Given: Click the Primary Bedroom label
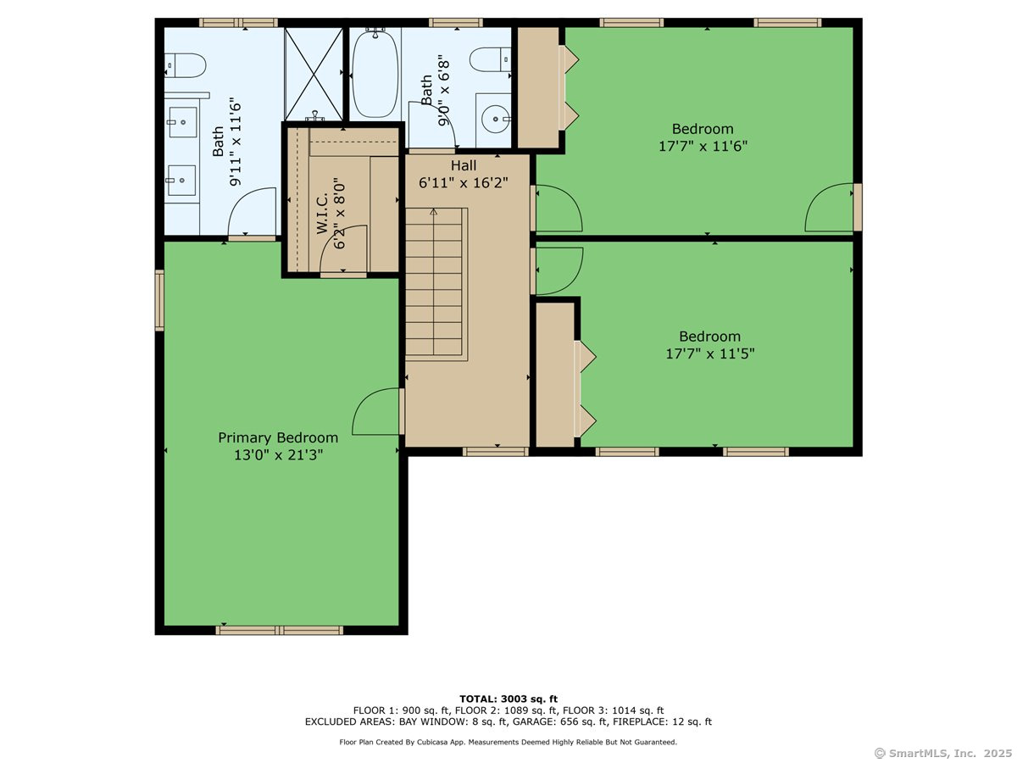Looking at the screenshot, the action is (x=278, y=437).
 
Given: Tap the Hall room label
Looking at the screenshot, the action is (x=464, y=165).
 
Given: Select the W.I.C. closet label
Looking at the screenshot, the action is (x=323, y=214).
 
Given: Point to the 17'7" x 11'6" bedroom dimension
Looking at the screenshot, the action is (x=703, y=147).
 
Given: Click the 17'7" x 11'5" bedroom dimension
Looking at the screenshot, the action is (x=710, y=354).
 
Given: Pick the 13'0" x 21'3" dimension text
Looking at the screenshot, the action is (x=278, y=455).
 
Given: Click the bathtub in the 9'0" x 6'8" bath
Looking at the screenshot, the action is (x=375, y=74).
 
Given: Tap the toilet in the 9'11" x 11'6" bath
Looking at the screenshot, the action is (x=186, y=65).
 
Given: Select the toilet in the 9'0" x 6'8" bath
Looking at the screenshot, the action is (x=490, y=59).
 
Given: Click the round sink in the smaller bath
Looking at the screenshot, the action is (x=495, y=119).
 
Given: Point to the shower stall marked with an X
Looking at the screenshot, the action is (x=314, y=74).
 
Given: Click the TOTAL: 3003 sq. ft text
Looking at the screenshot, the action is (x=508, y=699).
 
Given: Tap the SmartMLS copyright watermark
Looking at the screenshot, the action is (x=943, y=753).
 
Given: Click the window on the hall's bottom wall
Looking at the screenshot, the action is (x=495, y=452).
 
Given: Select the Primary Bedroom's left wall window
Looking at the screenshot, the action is (x=159, y=300).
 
